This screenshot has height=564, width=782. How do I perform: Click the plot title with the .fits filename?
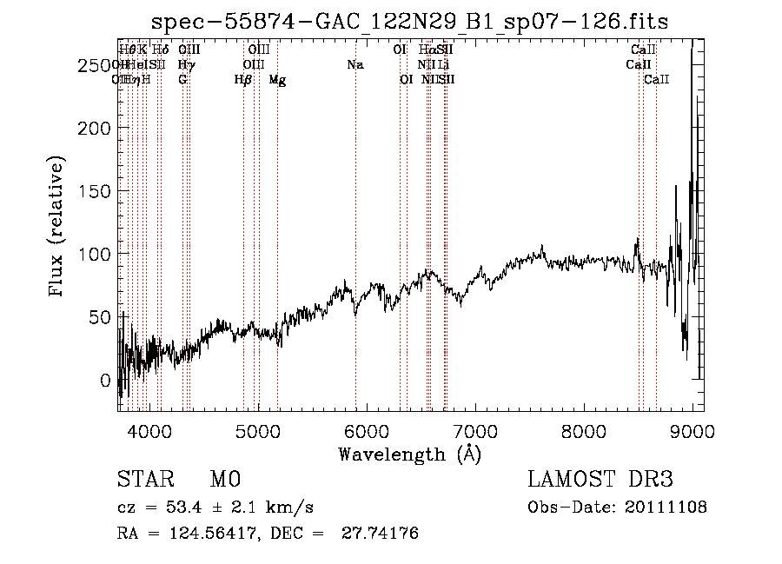click(x=409, y=22)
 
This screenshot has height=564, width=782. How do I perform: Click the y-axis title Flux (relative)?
click(x=57, y=228)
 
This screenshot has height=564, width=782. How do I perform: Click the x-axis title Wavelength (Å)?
click(x=409, y=453)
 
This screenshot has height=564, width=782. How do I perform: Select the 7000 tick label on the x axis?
click(x=474, y=430)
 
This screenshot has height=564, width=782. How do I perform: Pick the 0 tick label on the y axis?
click(x=106, y=380)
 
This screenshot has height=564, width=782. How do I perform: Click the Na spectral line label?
click(x=355, y=64)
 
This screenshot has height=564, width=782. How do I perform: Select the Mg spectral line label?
click(x=276, y=80)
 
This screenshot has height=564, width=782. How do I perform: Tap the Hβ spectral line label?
click(x=243, y=80)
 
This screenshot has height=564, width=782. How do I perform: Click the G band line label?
click(x=182, y=80)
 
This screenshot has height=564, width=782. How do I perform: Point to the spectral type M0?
click(x=224, y=480)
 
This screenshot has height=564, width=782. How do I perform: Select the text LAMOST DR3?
click(x=600, y=480)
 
